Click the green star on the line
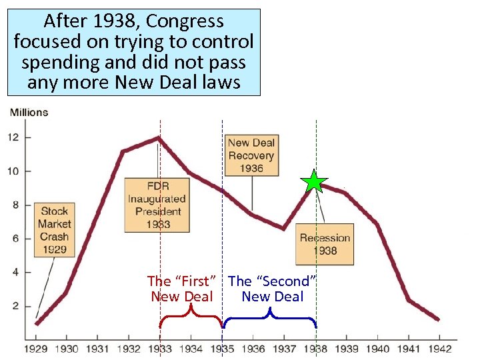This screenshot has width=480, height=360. (314, 181)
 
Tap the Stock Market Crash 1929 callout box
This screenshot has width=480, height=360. (54, 229)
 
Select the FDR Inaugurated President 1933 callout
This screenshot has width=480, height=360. (157, 205)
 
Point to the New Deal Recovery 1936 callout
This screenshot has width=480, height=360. (251, 155)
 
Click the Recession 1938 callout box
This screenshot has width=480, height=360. (324, 244)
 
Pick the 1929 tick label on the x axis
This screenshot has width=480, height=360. (37, 348)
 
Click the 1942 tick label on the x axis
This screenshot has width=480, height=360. (440, 348)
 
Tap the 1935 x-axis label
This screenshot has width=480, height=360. (222, 348)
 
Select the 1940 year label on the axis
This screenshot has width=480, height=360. (378, 348)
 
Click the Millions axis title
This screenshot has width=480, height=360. (29, 112)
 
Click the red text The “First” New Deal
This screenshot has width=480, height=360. (182, 289)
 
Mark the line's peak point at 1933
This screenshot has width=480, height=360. (158, 137)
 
